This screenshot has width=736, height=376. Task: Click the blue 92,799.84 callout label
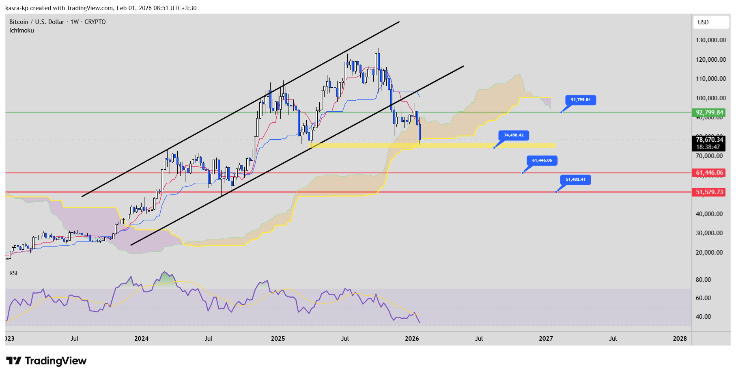pos(581,100)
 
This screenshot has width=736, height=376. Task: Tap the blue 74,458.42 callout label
pos(514,135)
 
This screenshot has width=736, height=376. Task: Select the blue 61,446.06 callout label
pos(542,160)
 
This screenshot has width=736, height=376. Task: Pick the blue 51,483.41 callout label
pos(575,179)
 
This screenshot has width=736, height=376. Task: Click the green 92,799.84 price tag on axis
pos(709,112)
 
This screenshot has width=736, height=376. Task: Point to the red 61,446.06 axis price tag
pos(709,173)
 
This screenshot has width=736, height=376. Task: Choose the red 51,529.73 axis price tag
pos(709,192)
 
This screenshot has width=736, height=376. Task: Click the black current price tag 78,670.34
pos(709,140)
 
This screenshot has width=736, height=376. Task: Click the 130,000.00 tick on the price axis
pos(711,40)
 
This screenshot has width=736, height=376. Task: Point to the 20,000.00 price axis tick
pos(709,253)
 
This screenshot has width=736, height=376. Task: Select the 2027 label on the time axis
pos(546,339)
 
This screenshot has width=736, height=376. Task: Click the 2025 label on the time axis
pos(278,339)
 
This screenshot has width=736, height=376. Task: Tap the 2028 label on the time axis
pos(680,339)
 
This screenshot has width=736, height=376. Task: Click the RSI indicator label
pos(13,273)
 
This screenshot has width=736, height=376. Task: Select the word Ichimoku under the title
pos(22,30)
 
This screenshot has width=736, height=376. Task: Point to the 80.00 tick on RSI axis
pos(703,280)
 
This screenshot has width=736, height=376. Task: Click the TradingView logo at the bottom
pos(47,361)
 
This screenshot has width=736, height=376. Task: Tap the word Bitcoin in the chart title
pos(19,22)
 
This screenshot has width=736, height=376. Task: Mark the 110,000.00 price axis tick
pos(711,79)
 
